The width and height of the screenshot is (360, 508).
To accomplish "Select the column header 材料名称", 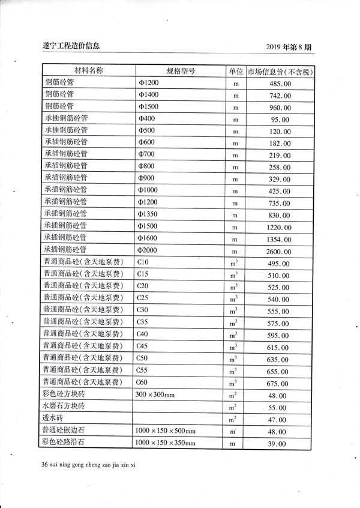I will point(88,71).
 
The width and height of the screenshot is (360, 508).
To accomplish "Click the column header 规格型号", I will point(181,71).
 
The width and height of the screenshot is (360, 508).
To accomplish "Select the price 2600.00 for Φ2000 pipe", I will point(279,251).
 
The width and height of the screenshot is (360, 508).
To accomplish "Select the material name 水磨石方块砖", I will point(64,407).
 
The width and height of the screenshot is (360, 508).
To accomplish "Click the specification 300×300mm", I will point(155,395).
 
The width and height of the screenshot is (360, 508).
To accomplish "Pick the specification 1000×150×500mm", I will point(166,431).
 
